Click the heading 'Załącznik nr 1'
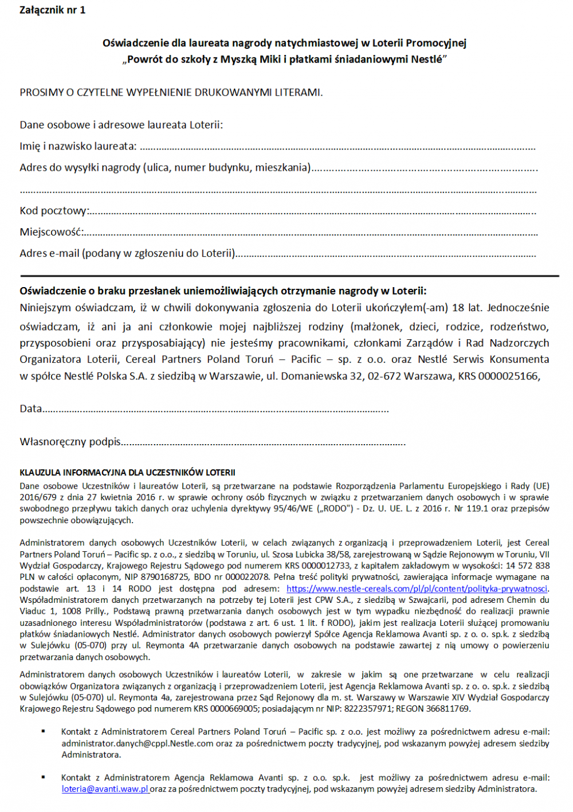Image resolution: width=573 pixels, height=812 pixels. [x=52, y=10]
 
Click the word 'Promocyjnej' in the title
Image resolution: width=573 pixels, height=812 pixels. [x=435, y=42]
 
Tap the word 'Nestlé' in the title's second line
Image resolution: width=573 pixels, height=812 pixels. [x=427, y=59]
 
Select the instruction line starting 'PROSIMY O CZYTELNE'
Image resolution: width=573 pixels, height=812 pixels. [x=171, y=92]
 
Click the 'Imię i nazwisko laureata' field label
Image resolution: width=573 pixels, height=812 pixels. [x=78, y=146]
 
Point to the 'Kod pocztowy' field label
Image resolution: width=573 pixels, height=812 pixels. [x=54, y=210]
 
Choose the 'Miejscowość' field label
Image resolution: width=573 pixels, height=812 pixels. [x=52, y=232]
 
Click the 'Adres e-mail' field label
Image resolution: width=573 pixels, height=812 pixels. [x=127, y=253]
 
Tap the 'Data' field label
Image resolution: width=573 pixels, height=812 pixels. [x=31, y=409]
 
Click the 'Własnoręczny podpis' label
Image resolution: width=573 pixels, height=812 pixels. [x=70, y=441]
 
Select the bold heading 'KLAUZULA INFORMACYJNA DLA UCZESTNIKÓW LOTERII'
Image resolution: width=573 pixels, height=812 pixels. [x=127, y=472]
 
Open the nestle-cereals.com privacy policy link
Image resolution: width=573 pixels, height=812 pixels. [x=417, y=589]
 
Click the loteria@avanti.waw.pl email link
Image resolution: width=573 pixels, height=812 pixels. [x=105, y=789]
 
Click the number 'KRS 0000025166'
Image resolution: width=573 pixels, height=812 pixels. [x=498, y=376]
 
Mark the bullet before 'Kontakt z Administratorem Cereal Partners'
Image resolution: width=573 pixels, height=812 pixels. [x=43, y=731]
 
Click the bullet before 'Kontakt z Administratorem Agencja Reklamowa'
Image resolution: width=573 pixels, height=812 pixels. [x=43, y=777]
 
